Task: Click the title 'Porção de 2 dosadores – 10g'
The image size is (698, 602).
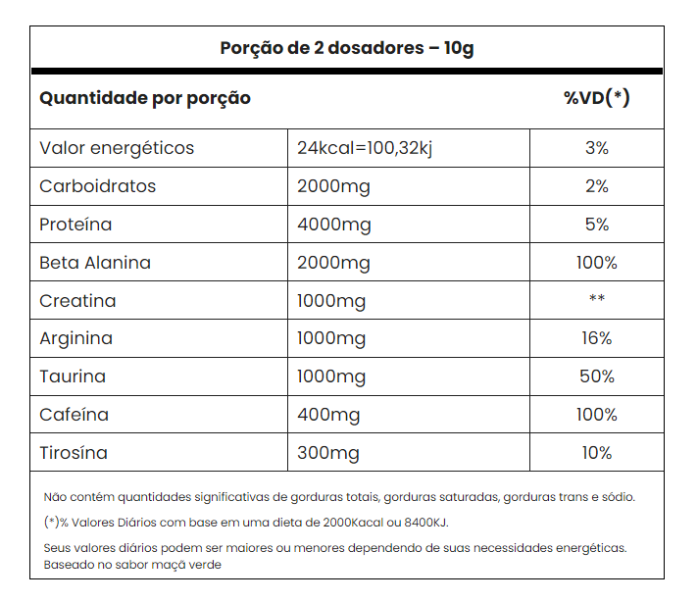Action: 347,48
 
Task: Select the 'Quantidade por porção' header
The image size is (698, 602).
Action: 145,98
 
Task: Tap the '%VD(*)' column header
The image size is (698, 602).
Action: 596,98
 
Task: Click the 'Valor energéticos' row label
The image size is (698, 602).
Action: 117,148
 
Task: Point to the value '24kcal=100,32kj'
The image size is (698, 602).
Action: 365,148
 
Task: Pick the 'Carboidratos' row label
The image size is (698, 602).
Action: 98,186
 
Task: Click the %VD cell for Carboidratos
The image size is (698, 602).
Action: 596,186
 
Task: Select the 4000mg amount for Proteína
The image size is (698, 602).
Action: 334,225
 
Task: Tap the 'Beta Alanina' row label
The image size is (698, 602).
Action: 95,263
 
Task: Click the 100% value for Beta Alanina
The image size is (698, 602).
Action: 596,263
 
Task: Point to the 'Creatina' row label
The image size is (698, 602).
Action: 77,301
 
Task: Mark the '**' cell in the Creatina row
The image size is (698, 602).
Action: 596,300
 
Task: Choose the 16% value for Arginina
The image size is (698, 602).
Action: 596,338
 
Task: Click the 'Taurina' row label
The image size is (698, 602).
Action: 73,376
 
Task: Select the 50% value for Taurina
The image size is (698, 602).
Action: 596,376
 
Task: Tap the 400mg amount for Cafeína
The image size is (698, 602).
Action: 329,415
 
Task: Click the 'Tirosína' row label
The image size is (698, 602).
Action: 74,453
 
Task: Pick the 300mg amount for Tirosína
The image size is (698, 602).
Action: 328,453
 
